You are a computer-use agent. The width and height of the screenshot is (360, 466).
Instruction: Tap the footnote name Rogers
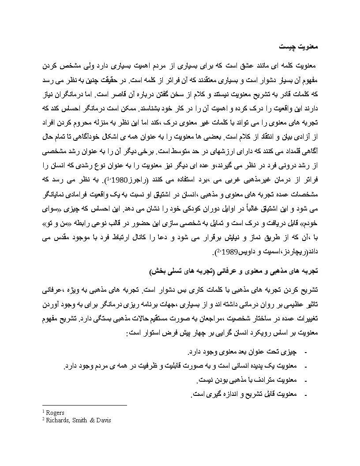[55, 413]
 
